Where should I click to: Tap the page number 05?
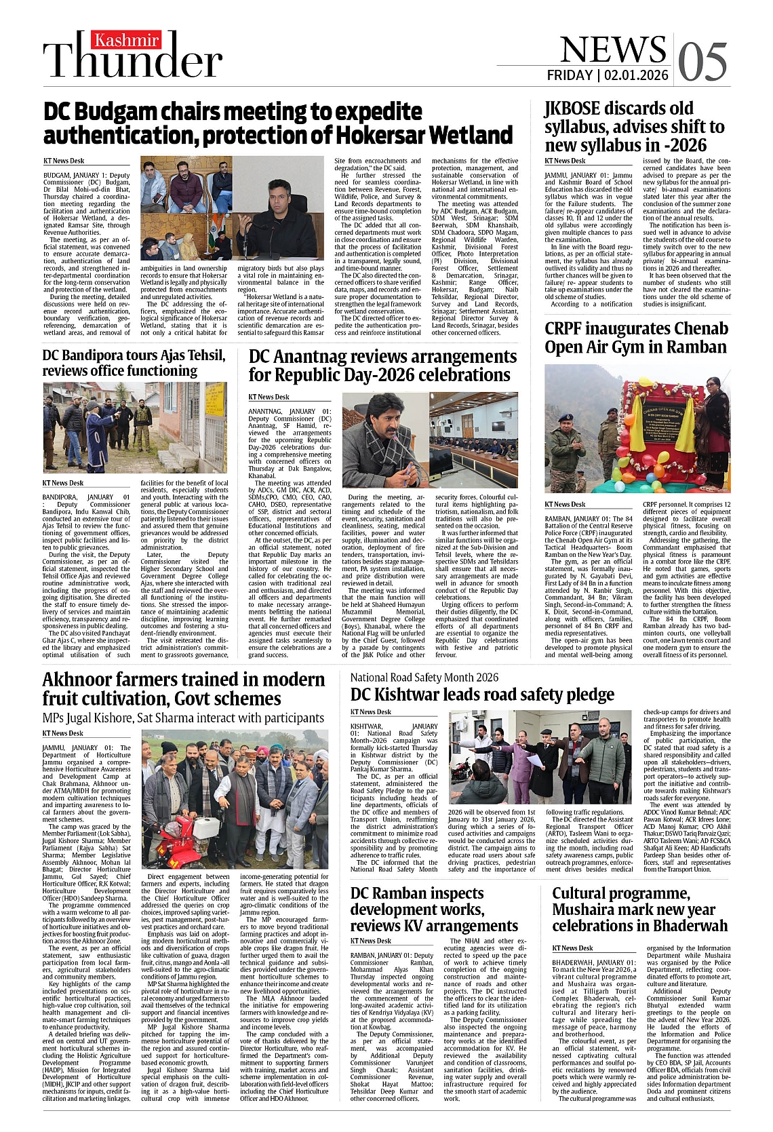702,62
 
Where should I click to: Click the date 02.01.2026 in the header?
636,75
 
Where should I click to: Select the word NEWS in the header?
613,50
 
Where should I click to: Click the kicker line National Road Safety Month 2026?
424,677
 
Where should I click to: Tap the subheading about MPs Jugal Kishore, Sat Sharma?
183,718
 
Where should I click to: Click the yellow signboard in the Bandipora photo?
215,400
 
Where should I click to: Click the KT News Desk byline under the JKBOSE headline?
565,161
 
